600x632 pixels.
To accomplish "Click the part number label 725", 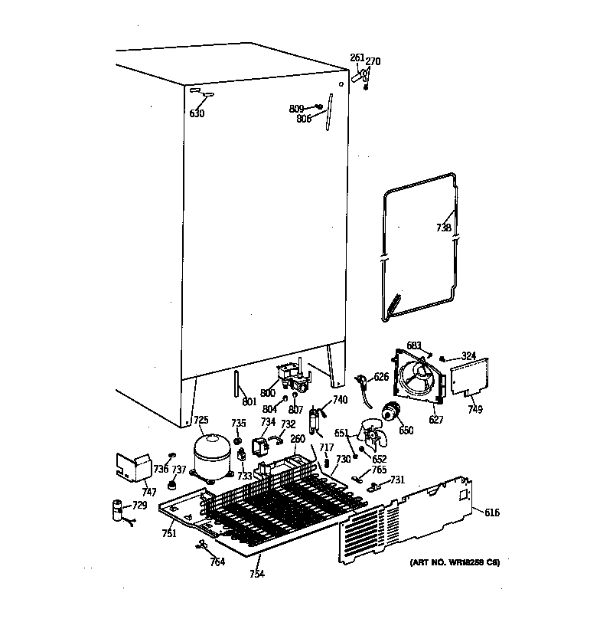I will coord(201,420).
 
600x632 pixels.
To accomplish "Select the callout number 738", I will coord(444,228).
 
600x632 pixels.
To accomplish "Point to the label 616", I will coord(491,512).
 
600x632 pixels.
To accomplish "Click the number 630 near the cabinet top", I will coord(197,114).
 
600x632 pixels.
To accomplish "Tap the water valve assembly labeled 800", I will coord(294,378).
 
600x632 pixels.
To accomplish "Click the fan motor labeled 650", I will coord(393,414).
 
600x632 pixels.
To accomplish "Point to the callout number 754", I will coord(256,574).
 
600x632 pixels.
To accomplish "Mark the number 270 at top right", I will coord(373,61).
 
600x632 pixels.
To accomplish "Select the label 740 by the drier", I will coord(340,400).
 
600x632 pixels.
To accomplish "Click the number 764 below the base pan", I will coord(217,563).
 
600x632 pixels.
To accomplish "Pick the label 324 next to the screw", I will coord(468,355).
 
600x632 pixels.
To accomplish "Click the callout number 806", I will coord(304,120).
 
